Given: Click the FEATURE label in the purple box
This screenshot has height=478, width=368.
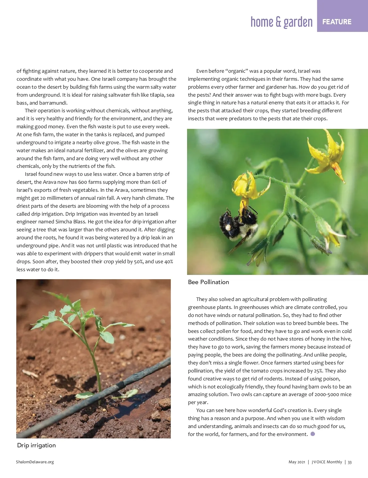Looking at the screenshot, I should pyautogui.click(x=337, y=22).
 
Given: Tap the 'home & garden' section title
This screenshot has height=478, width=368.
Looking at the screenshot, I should pyautogui.click(x=282, y=22).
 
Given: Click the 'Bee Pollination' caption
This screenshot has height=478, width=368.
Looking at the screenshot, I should pyautogui.click(x=209, y=282).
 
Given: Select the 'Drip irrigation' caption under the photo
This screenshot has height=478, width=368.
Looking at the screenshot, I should pyautogui.click(x=36, y=445).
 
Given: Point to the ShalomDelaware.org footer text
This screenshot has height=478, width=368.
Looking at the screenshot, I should pyautogui.click(x=35, y=462).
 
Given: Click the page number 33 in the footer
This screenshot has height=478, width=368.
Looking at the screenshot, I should pyautogui.click(x=350, y=462).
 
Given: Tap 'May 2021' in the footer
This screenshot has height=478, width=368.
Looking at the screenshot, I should pyautogui.click(x=297, y=462).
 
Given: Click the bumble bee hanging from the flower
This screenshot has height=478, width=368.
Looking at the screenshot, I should pyautogui.click(x=238, y=222).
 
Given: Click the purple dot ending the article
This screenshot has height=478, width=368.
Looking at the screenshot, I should pyautogui.click(x=313, y=434).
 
